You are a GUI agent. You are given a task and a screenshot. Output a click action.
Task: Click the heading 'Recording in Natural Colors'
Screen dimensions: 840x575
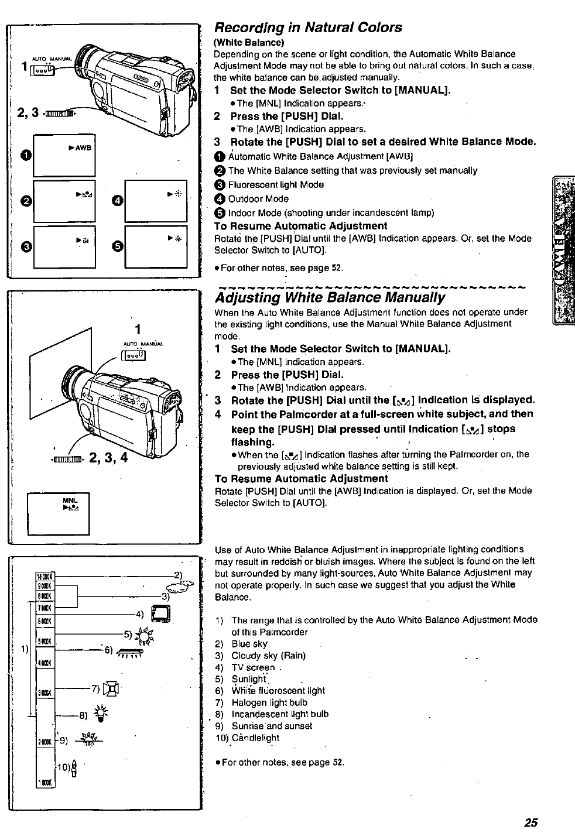tap(308, 28)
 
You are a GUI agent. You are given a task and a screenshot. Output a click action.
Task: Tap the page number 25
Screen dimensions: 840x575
tap(530, 822)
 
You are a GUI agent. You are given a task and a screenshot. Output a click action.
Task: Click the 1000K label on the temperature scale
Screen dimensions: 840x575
tap(45, 783)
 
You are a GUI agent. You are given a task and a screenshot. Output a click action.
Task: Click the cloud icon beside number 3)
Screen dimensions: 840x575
tap(179, 589)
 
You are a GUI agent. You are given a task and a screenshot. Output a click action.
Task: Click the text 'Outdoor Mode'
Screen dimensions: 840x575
tap(258, 198)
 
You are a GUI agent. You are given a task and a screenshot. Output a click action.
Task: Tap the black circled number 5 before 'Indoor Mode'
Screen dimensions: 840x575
tap(220, 212)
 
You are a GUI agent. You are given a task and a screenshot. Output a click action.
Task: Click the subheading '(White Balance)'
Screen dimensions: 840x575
tap(249, 42)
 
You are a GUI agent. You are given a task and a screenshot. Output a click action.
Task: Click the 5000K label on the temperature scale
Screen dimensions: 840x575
tap(45, 641)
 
